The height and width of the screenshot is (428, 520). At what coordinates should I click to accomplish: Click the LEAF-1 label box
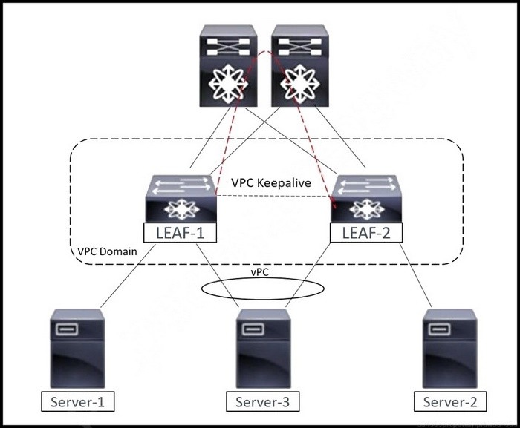coord(180,232)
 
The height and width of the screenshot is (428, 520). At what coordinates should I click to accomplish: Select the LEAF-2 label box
coord(366,233)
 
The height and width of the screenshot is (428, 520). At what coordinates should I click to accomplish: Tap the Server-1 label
coord(77,401)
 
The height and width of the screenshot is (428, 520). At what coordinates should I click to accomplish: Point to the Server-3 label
coord(262,401)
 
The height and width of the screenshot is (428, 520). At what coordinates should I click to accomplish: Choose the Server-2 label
coord(450,401)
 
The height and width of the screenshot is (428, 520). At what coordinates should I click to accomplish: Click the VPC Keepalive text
coord(271,182)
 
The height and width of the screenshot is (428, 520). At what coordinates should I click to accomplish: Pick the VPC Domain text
coord(107,251)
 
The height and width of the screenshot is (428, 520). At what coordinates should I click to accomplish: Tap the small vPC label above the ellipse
coord(260,272)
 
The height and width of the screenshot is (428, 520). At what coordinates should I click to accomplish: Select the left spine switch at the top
coord(229,65)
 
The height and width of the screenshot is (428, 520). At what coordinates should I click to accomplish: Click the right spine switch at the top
coord(300,65)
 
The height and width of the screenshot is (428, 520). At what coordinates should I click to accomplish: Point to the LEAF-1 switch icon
coord(181,199)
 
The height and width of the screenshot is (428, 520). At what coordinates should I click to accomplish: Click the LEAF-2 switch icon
coord(366,199)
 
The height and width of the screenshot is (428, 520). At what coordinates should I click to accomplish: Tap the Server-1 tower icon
coord(77,349)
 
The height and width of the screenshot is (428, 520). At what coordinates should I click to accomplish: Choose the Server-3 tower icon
coord(263,349)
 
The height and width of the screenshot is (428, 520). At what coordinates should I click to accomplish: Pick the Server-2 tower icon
coord(449,349)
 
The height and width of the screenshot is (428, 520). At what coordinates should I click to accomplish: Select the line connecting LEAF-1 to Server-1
coord(128,276)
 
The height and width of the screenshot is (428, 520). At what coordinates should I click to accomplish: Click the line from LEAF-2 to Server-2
coord(415,275)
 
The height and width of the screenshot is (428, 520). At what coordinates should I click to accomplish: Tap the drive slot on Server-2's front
coord(440,329)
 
